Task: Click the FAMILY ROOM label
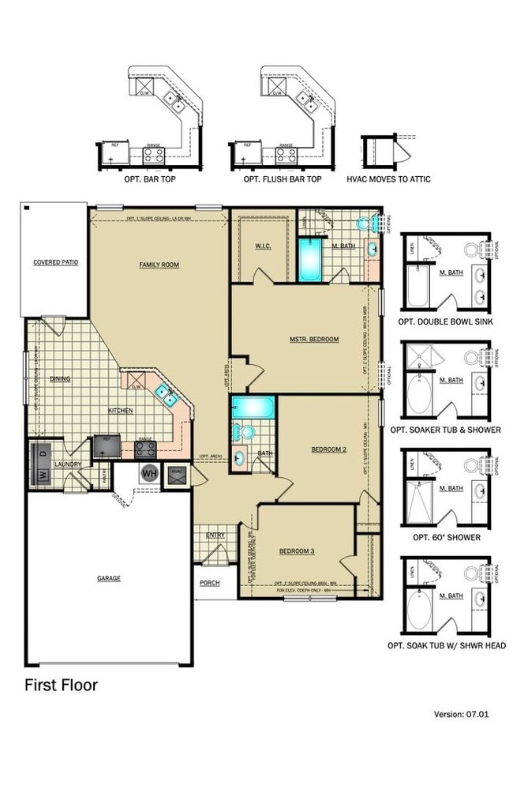[x=159, y=265]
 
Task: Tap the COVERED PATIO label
[x=54, y=262]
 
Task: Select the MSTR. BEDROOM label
[x=313, y=340]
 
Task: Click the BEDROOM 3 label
[x=297, y=551]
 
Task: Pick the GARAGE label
[x=109, y=578]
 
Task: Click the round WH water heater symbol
[x=148, y=475]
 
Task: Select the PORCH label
[x=209, y=583]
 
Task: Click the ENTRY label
[x=215, y=536]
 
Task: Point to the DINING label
[x=60, y=379]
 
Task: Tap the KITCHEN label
[x=120, y=411]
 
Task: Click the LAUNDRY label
[x=68, y=464]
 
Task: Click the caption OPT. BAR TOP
[x=150, y=179]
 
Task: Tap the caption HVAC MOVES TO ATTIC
[x=389, y=179]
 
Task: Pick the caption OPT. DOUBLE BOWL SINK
[x=447, y=322]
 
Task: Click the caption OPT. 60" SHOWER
[x=447, y=537]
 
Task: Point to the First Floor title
[x=61, y=685]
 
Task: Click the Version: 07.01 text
[x=462, y=714]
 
